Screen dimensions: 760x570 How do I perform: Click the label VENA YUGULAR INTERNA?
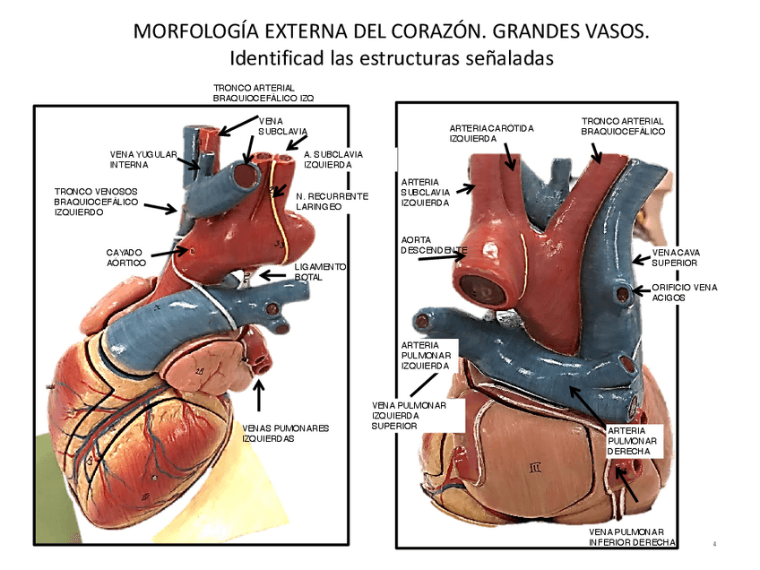tap(142, 160)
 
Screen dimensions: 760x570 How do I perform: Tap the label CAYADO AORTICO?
tap(126, 257)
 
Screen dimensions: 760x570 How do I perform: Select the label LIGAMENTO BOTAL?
tap(320, 272)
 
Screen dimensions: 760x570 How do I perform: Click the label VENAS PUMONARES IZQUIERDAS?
tap(286, 434)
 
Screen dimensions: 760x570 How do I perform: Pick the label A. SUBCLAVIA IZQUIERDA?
tap(328, 160)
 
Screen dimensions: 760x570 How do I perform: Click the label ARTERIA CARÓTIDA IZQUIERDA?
tap(491, 134)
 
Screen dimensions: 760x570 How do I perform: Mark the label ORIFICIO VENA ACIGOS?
tap(684, 291)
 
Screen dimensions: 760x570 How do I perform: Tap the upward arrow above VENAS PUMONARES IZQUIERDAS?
tap(260, 395)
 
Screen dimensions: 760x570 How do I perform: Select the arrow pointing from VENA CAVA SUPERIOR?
tap(640, 260)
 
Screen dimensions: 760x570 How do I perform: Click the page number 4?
tap(715, 544)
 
